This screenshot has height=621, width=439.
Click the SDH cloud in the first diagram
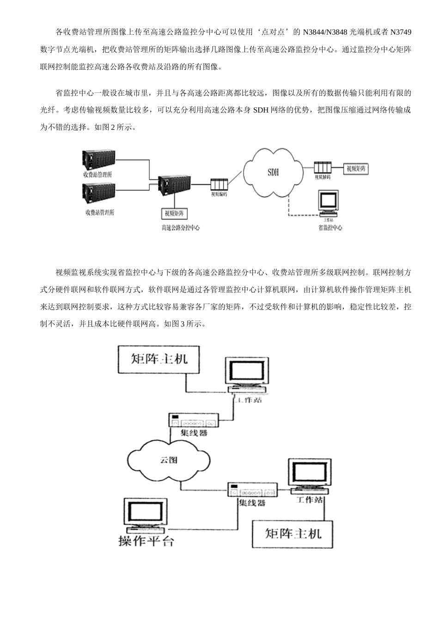(x=273, y=172)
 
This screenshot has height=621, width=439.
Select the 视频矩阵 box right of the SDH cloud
(x=356, y=169)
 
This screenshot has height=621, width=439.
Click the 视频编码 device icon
(x=219, y=184)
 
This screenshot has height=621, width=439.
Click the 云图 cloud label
(x=168, y=460)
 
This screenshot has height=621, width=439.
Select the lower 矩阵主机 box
(x=293, y=534)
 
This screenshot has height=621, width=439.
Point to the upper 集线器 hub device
(x=193, y=421)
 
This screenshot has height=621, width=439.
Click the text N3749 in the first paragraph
(x=400, y=32)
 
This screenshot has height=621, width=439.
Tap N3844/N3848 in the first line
(x=324, y=32)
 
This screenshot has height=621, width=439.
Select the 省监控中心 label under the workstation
(x=330, y=228)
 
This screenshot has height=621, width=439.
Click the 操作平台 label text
(x=146, y=541)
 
